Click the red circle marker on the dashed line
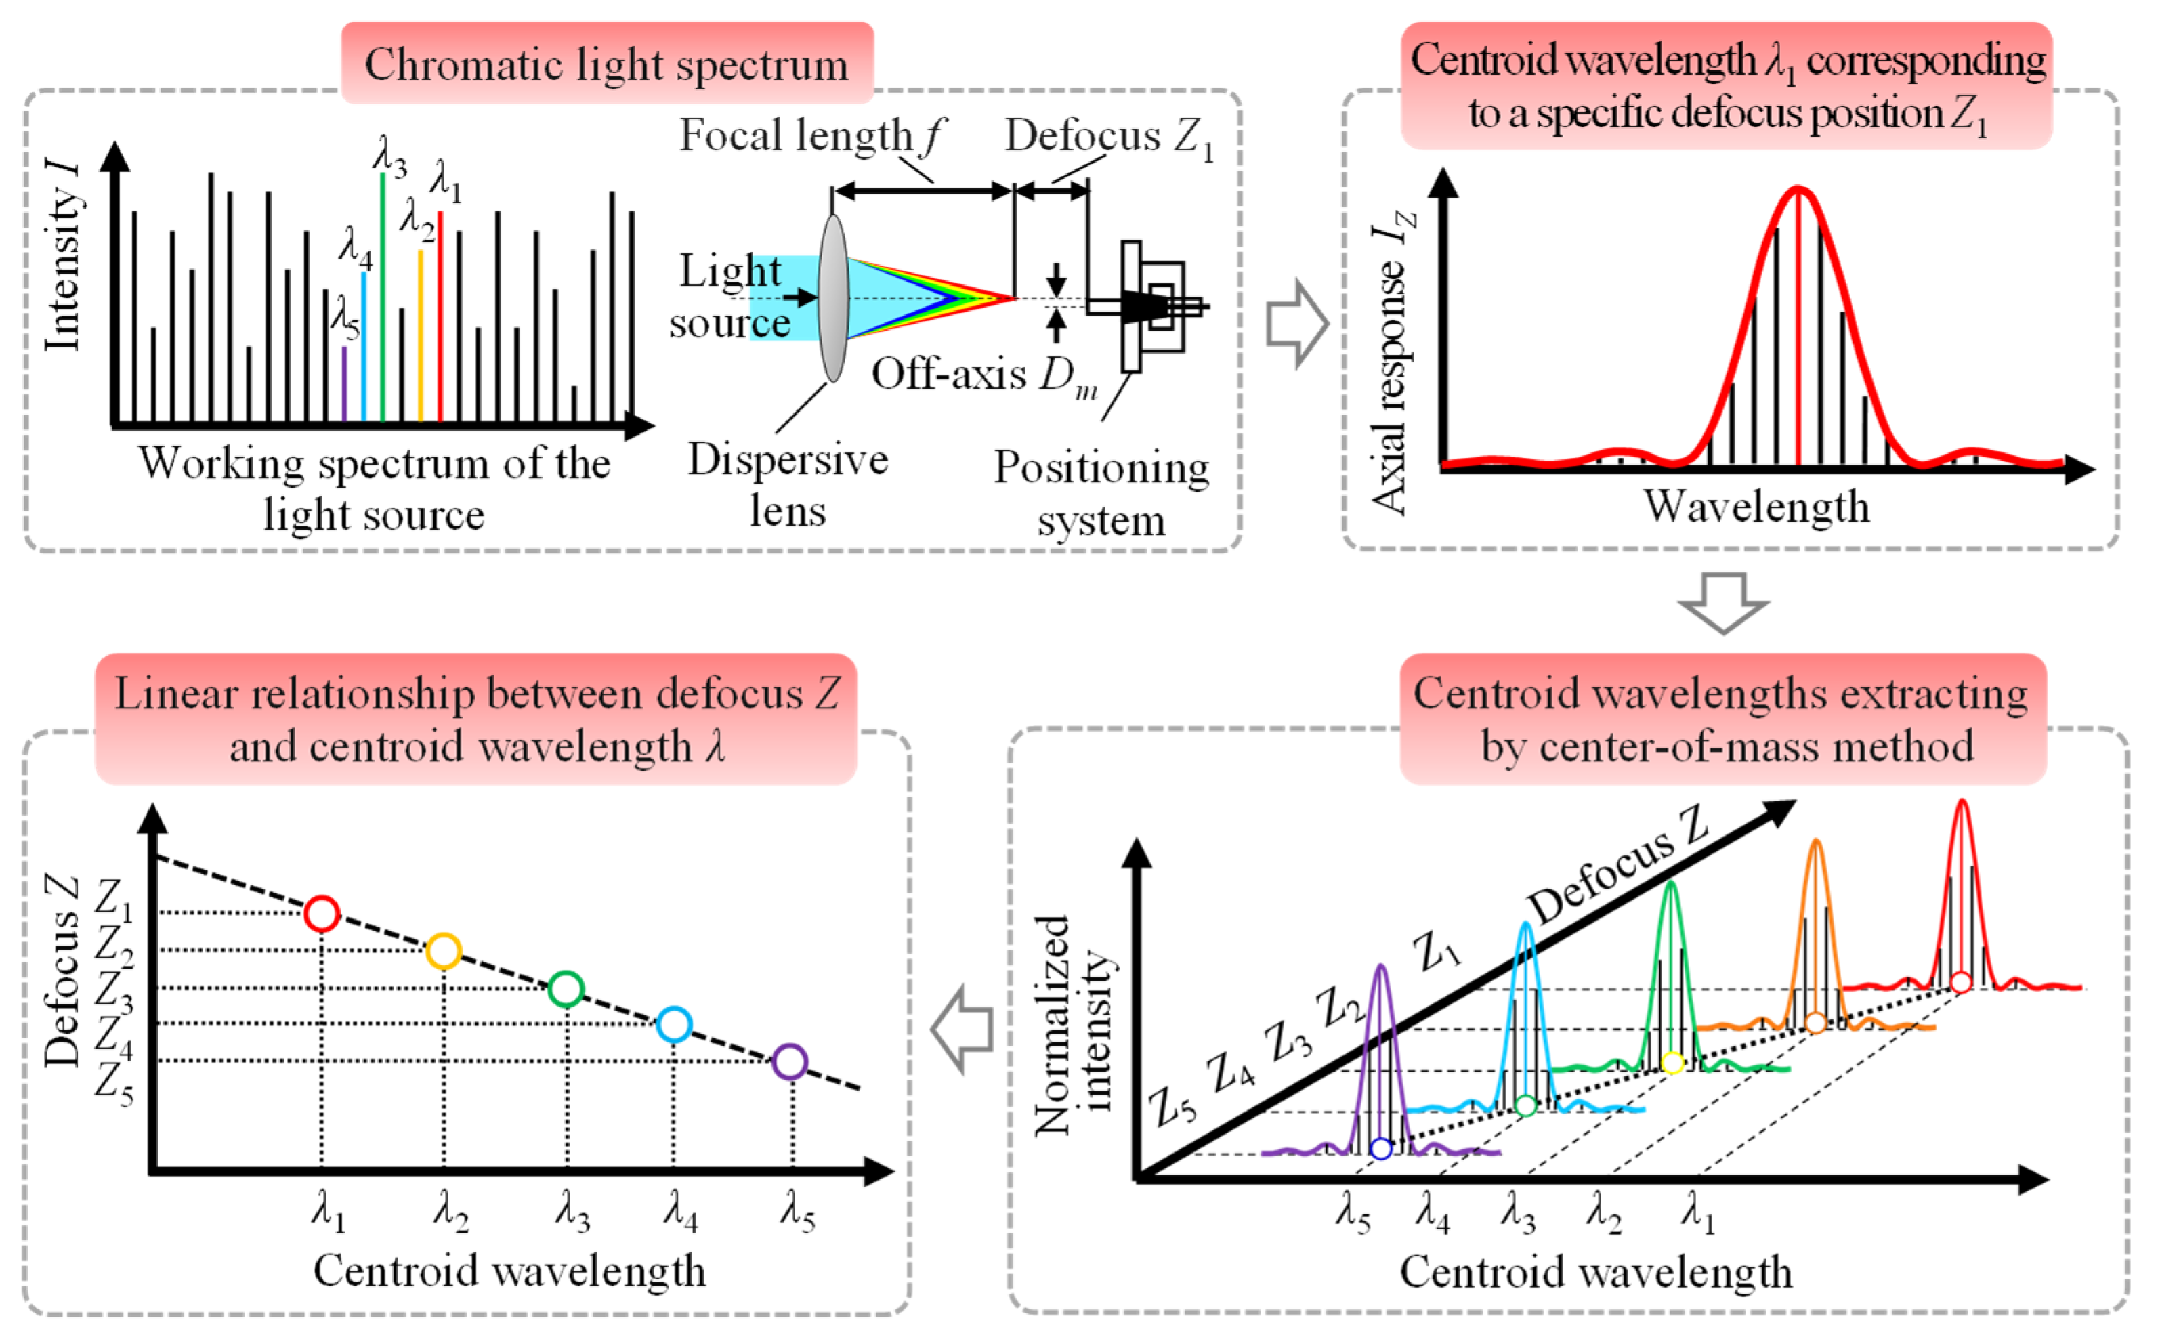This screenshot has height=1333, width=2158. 322,913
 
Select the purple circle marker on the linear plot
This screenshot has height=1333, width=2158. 789,1061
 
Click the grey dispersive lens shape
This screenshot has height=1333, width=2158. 832,298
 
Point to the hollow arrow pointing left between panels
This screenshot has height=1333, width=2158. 962,1029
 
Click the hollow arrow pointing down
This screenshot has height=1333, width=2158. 1722,602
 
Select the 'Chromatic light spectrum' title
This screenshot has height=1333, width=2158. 606,64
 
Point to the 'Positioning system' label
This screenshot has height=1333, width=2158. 1101,493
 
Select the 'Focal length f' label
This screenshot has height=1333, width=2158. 809,137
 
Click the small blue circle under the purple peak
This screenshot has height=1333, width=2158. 1381,1149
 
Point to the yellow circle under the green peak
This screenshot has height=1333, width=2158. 1672,1062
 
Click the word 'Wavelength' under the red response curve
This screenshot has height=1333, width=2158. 1756,506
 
